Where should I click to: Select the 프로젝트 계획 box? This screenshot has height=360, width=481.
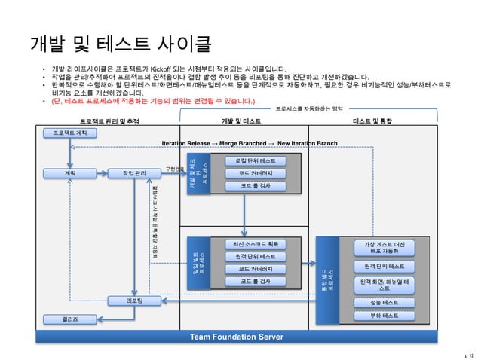pos(69,133)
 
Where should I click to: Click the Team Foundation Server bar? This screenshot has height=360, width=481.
pos(236,336)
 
